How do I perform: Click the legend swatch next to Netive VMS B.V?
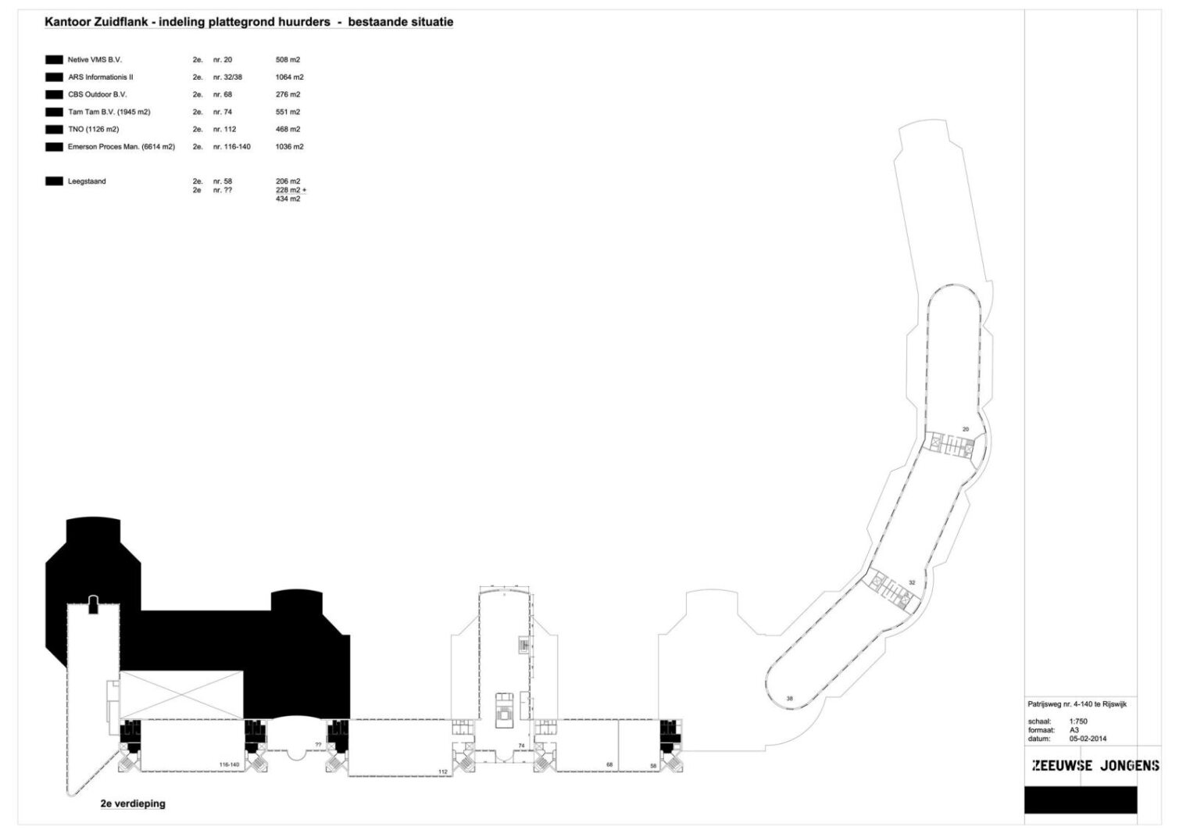pos(54,60)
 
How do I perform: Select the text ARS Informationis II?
pos(101,77)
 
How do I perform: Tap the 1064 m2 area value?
pos(290,77)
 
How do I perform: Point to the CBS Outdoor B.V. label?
pos(98,95)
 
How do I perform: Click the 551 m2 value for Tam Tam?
pos(288,112)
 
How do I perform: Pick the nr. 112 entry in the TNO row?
pos(225,130)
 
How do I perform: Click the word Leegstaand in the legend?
pos(87,181)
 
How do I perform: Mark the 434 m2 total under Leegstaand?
pos(288,199)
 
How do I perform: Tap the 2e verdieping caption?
pos(133,804)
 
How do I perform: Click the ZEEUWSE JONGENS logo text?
pos(1096,765)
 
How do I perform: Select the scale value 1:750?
pos(1078,721)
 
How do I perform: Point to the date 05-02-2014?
pos(1088,739)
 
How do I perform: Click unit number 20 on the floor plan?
pos(965,430)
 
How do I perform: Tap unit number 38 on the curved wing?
pos(789,699)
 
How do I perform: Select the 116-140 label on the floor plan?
pos(230,764)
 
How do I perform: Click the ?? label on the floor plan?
pos(319,744)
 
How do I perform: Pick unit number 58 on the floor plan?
pos(653,766)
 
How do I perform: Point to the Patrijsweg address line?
pos(1077,704)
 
